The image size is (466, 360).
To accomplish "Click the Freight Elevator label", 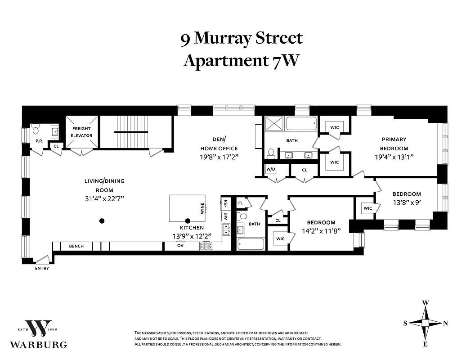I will click(82, 132).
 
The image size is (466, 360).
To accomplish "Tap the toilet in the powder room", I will click(36, 131).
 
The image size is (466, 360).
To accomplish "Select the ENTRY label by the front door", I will click(41, 269).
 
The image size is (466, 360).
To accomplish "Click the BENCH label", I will click(76, 246).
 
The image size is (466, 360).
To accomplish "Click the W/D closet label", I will click(270, 170).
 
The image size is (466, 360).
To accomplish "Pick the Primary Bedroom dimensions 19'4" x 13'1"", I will click(394, 157).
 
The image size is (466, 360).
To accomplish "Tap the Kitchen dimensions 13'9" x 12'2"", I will click(192, 236).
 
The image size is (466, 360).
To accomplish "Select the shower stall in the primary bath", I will click(273, 124).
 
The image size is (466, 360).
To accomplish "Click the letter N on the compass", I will click(445, 323).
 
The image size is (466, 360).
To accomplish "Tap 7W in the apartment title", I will click(285, 60).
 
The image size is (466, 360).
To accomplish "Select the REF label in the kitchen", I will click(226, 203).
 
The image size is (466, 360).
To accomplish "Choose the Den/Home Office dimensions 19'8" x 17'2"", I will click(219, 157).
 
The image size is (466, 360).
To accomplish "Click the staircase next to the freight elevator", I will click(130, 132).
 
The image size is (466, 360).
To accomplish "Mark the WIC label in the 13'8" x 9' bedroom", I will click(367, 208).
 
